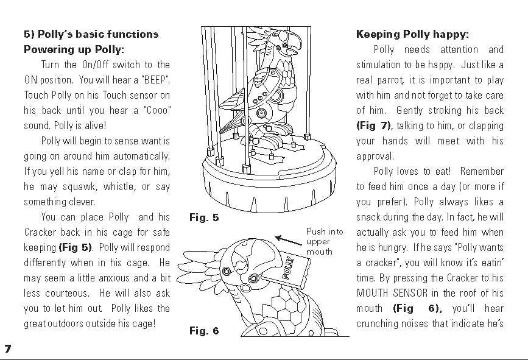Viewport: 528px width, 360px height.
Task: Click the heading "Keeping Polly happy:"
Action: point(412,34)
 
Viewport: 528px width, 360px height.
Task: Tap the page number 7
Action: point(8,348)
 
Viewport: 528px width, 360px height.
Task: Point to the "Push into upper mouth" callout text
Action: point(325,241)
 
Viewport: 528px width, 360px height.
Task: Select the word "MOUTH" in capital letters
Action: point(373,294)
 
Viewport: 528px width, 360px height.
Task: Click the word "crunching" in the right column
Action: point(378,324)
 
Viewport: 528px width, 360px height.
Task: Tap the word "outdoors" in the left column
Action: point(71,324)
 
